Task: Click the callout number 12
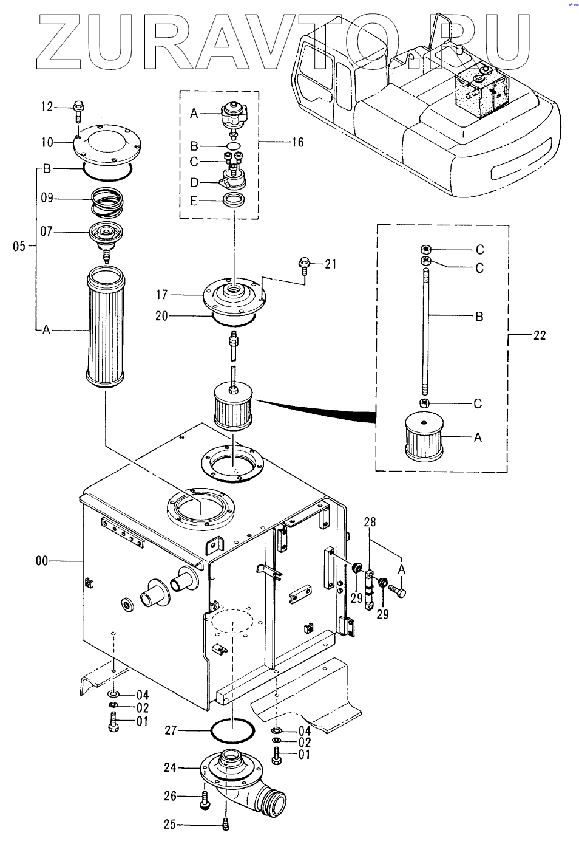point(47,107)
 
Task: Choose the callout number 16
point(297,142)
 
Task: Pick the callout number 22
point(539,335)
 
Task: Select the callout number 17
point(162,295)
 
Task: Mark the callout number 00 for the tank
point(41,560)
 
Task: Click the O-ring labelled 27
point(232,730)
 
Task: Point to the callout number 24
point(170,767)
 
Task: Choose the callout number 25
point(170,824)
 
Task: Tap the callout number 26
point(170,796)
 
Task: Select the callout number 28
point(370,522)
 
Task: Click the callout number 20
point(161,316)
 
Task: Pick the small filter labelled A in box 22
point(424,437)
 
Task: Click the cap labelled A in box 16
point(234,114)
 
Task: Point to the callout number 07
point(47,232)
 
